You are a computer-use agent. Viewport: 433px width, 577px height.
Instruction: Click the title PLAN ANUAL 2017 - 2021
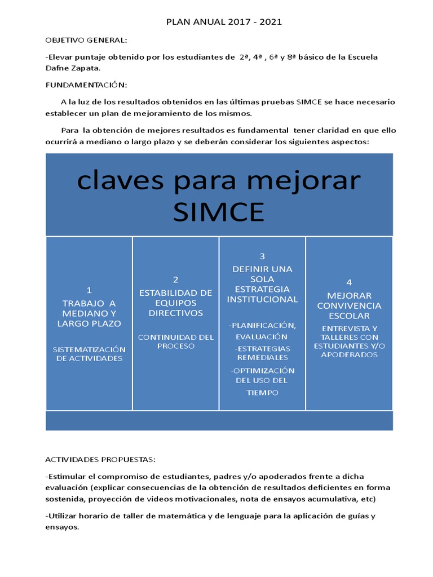coord(224,22)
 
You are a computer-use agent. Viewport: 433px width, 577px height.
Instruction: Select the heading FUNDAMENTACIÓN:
coord(87,85)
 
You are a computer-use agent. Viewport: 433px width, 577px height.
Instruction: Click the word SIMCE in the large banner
coord(219,212)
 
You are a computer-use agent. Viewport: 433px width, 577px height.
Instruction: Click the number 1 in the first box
coord(89,290)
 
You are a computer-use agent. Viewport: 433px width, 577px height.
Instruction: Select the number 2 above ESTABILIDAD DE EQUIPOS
coord(175,279)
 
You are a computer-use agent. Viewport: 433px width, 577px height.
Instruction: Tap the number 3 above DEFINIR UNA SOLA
coord(262,256)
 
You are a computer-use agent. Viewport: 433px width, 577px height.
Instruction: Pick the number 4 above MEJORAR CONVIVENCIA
coord(349,282)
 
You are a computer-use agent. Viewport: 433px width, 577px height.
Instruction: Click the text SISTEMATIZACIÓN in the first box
coord(89,349)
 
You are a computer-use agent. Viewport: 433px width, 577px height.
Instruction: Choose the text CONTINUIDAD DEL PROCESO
coord(175,341)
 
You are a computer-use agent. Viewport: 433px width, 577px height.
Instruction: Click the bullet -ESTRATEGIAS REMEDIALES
coord(262,353)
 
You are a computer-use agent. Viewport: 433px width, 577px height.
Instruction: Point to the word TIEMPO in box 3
coord(262,393)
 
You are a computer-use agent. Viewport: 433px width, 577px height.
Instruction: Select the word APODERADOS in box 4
coord(349,355)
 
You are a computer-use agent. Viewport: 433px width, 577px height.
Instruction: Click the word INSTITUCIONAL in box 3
coord(262,299)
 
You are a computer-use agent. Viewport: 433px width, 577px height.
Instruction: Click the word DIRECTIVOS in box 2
coord(175,313)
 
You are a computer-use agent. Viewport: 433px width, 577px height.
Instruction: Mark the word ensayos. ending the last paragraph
coord(63,527)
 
